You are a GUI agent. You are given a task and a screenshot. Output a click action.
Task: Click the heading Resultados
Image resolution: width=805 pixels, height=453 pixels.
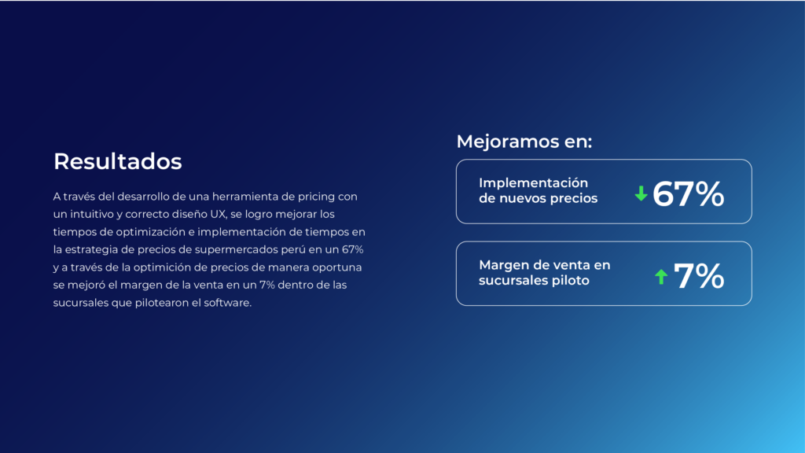pos(118,161)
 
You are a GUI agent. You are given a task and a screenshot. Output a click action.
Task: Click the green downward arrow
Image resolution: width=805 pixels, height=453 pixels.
pos(641,193)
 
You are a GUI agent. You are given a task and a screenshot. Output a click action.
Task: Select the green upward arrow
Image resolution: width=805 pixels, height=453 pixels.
pos(661,277)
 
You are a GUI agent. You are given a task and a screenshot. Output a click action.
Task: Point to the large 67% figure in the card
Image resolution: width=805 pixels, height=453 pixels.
pos(689,194)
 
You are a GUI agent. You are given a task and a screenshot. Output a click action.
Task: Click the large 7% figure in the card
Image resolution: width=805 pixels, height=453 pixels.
pos(699,276)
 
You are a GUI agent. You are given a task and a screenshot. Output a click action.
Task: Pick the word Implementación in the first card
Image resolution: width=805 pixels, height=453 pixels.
pos(534,183)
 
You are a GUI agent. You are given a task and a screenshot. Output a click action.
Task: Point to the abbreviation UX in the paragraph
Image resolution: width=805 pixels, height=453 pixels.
pos(219,214)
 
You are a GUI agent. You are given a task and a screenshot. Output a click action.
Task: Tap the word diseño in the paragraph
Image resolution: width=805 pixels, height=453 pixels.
pos(189,214)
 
